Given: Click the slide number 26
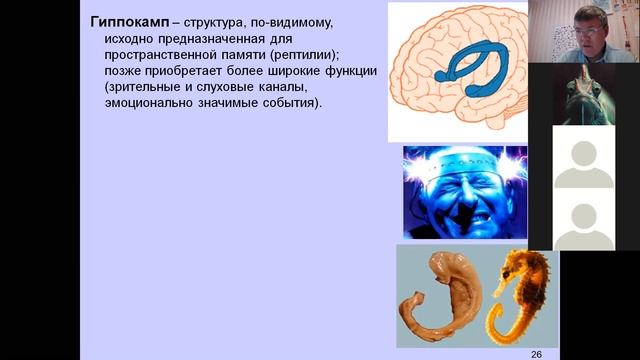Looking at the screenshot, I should click(535, 353).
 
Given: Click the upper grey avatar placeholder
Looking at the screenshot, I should click(583, 159).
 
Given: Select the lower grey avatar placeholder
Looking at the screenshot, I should click(583, 221).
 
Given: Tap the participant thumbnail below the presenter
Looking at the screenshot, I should click(583, 94).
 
